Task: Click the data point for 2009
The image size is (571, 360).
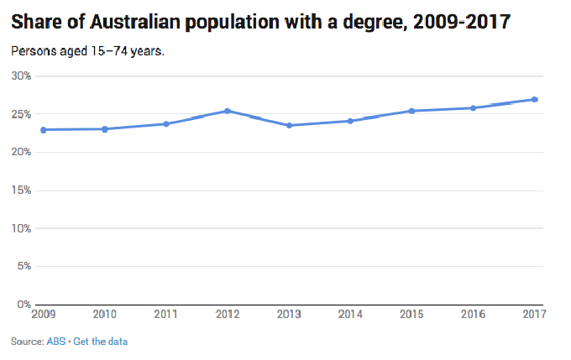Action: (x=43, y=129)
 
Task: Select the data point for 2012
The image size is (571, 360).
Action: (x=228, y=111)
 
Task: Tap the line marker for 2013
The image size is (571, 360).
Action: (x=289, y=125)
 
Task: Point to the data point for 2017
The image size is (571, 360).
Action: (x=535, y=99)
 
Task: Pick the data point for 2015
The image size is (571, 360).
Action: (x=411, y=111)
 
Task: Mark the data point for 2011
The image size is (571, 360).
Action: (x=166, y=123)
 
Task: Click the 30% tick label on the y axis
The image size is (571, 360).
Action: (x=21, y=76)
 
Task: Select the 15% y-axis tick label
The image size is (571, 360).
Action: (x=21, y=190)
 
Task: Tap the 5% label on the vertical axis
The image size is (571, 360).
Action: (x=24, y=266)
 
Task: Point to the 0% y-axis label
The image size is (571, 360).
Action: (x=24, y=304)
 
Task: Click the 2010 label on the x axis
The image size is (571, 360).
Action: (x=104, y=316)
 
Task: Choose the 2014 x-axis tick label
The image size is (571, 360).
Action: (x=350, y=316)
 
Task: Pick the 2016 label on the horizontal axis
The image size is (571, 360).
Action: (x=473, y=316)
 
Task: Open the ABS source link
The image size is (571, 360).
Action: (x=58, y=342)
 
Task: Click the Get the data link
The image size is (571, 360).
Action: (x=101, y=342)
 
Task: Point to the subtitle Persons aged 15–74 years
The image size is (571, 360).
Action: (x=88, y=50)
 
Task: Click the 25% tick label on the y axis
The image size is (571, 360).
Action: (x=21, y=114)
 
